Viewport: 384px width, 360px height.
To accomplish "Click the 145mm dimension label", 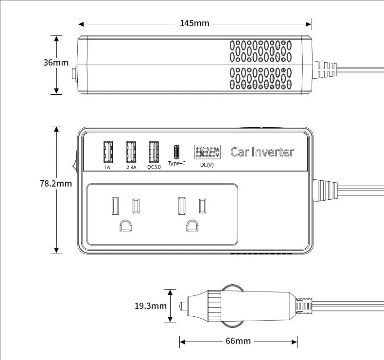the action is pos(194,23).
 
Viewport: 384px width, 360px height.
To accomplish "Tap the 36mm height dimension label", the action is pos(56,62).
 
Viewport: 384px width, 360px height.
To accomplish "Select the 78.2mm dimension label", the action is pos(56,183).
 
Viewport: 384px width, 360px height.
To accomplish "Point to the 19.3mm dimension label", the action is pos(151,306).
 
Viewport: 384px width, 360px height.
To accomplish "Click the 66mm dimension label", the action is pos(238,341).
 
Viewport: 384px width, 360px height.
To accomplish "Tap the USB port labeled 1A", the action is pos(108,152).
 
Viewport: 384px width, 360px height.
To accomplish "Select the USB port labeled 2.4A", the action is pos(131,152).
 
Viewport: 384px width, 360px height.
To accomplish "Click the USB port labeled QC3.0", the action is pos(154,152).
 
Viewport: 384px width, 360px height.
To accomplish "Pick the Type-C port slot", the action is pos(176,152).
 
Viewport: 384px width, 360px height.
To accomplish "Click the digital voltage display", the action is pos(208,152).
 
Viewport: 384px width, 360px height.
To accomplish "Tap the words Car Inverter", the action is pos(262,152).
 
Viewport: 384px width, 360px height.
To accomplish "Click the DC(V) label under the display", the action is pos(207,165).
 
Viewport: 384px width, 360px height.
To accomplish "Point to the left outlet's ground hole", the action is pos(125,225).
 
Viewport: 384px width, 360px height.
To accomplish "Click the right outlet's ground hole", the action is pos(192,225).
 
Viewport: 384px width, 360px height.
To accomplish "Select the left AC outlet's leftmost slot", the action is pos(115,206).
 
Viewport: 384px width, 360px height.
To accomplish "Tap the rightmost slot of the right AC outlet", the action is pos(203,206).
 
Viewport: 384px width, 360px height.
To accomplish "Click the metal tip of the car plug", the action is pos(184,306).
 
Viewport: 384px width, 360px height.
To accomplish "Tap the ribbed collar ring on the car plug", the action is pos(214,306).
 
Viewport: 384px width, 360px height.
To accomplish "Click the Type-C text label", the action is pos(176,163).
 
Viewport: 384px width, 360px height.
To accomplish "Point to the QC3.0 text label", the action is pos(154,167).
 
